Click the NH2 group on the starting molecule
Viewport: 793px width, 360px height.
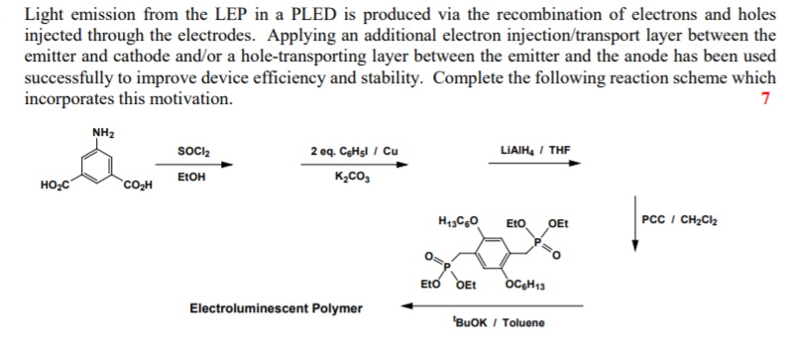[x=102, y=134]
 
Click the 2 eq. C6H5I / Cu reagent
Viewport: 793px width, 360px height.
[x=354, y=151]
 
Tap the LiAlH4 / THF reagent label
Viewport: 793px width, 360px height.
[x=537, y=151]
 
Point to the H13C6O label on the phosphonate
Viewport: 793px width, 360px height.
[x=457, y=218]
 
